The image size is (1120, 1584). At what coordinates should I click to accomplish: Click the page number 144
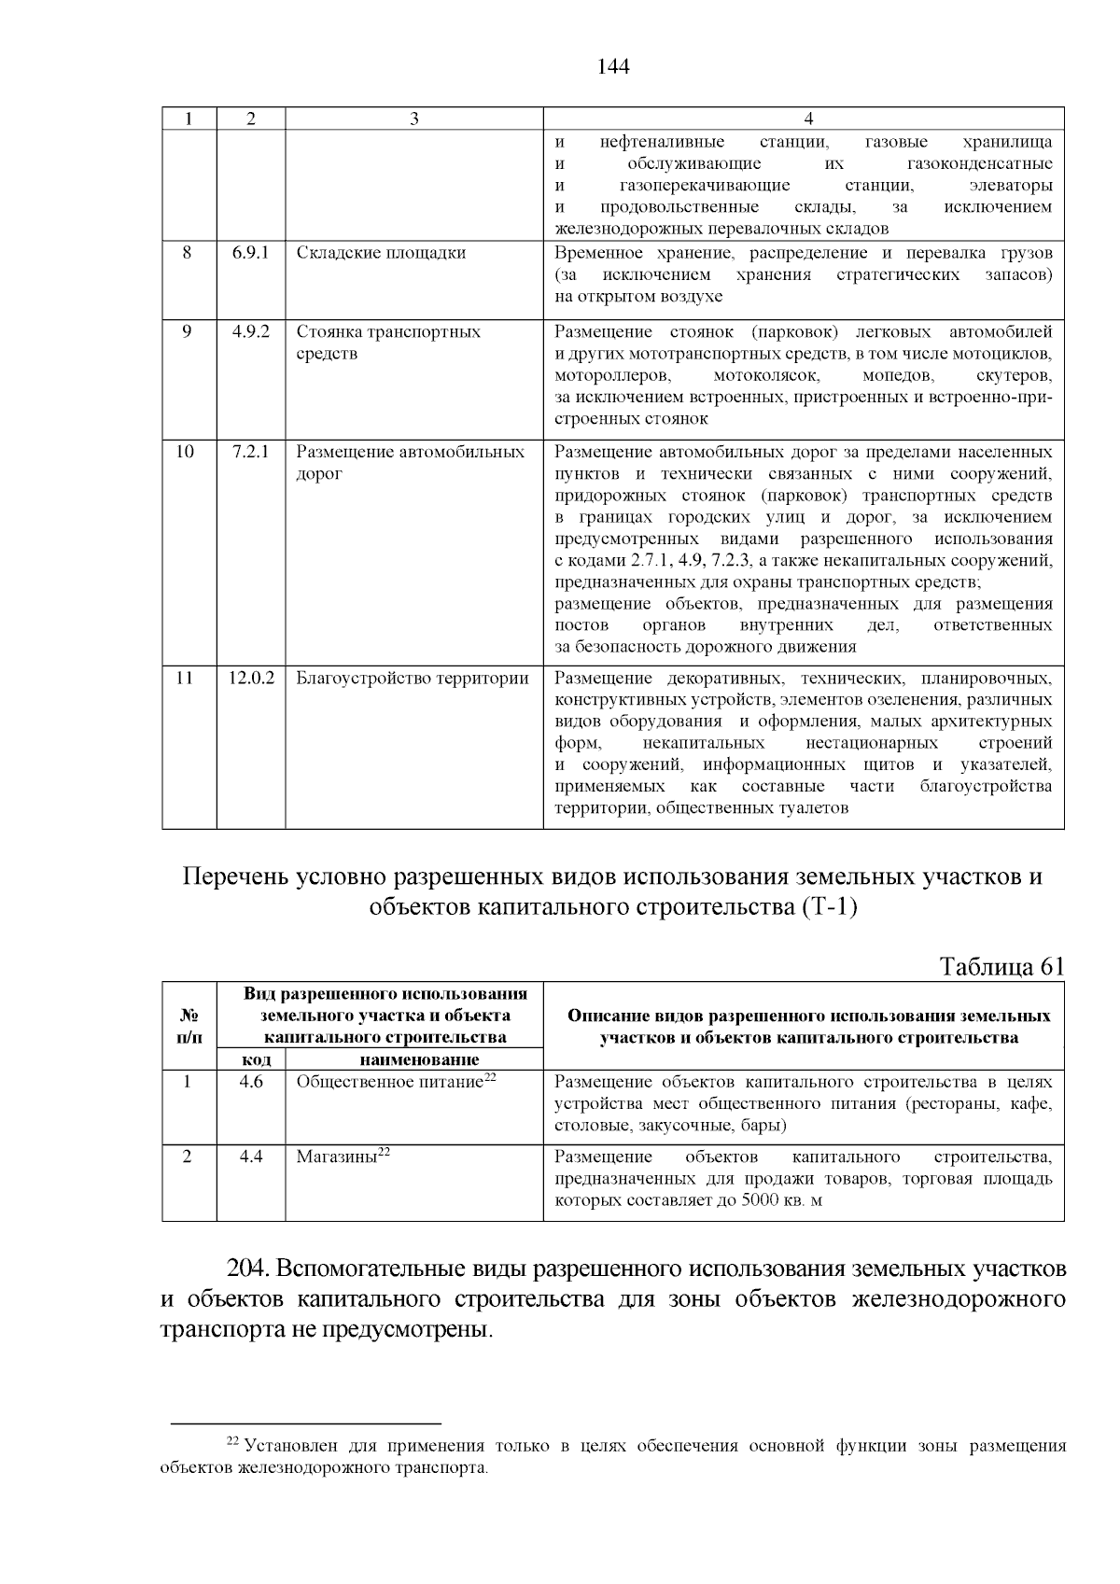pyautogui.click(x=613, y=66)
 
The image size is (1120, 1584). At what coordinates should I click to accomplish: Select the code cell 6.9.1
pyautogui.click(x=251, y=253)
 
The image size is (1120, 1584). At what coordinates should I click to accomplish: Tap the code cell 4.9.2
pyautogui.click(x=251, y=331)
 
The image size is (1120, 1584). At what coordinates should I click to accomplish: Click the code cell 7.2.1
pyautogui.click(x=251, y=452)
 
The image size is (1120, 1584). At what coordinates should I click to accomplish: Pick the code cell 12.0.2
pyautogui.click(x=251, y=679)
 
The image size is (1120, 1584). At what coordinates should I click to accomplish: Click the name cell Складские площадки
pyautogui.click(x=381, y=253)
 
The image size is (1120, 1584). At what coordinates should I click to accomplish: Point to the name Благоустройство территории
pyautogui.click(x=413, y=679)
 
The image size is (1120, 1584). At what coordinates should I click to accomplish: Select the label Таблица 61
pyautogui.click(x=1001, y=965)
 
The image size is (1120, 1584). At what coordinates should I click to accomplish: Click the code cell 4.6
pyautogui.click(x=251, y=1082)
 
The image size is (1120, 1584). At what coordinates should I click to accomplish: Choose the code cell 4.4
pyautogui.click(x=251, y=1156)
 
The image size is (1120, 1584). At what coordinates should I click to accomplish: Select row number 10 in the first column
pyautogui.click(x=186, y=452)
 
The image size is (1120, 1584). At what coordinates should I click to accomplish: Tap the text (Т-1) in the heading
pyautogui.click(x=829, y=906)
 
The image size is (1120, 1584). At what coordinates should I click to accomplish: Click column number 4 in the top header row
pyautogui.click(x=808, y=119)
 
